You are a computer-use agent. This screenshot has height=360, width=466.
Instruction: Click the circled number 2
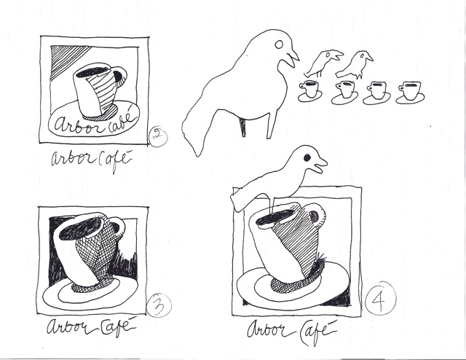(158, 136)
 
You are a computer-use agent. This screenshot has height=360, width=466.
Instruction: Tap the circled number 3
(159, 305)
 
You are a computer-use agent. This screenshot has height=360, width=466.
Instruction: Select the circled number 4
(381, 299)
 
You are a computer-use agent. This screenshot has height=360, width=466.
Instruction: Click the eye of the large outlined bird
(279, 44)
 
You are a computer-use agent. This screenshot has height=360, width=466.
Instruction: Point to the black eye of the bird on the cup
(307, 157)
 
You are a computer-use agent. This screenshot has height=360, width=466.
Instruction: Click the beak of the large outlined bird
(292, 58)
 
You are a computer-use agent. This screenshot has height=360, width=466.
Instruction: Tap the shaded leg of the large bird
(243, 127)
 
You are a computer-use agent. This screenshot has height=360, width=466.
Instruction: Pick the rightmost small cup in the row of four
(411, 92)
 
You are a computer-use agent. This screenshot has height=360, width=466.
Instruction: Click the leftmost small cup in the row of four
(309, 91)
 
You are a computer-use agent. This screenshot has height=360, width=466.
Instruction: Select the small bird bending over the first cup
(323, 63)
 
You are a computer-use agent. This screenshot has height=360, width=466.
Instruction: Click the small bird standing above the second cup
(355, 65)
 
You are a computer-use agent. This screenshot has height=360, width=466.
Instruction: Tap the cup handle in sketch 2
(119, 77)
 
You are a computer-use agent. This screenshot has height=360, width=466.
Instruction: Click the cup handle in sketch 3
(118, 227)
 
